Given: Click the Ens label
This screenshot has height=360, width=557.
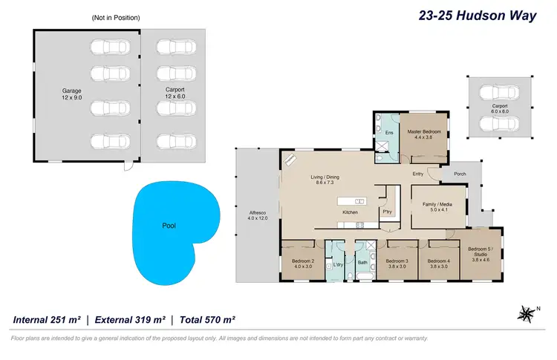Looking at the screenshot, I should click(388, 133).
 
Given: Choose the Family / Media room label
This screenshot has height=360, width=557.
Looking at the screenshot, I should click(437, 207).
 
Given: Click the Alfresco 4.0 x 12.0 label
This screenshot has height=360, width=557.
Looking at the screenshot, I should click(257, 220).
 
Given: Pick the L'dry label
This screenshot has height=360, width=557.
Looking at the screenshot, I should click(339, 264).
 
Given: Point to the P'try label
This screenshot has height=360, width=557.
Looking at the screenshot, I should click(387, 212).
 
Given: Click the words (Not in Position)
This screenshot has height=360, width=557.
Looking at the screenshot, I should click(116, 17).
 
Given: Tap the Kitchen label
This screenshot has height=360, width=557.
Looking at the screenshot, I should click(351, 212).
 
